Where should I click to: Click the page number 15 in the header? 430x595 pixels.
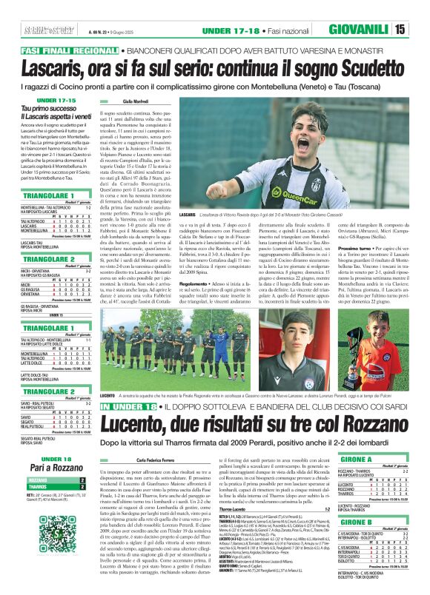coord(420,30)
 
